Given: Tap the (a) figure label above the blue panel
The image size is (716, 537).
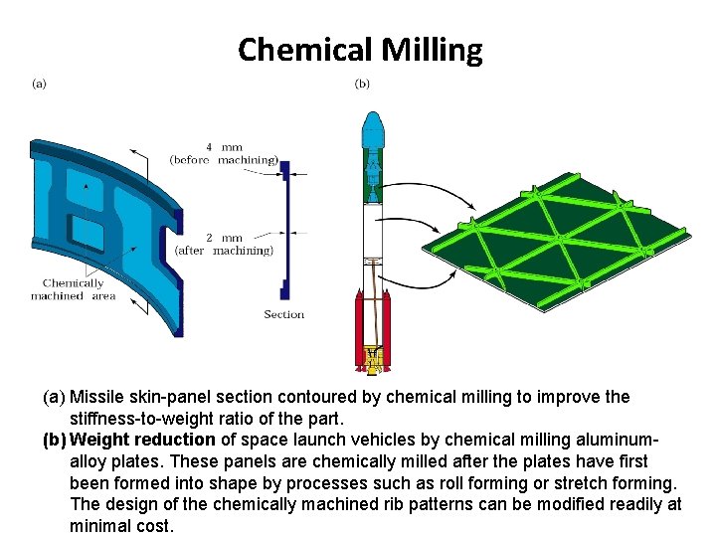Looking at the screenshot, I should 39,84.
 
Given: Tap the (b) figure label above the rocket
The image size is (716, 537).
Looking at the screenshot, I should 362,84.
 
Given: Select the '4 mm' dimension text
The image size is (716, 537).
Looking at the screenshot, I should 224,148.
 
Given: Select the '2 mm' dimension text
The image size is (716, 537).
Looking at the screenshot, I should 224,238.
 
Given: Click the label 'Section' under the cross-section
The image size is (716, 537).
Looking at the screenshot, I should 284,314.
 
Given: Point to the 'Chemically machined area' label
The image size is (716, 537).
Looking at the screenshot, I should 74,289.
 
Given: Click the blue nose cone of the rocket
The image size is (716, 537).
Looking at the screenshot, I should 372,129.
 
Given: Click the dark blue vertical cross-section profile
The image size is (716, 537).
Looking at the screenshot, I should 286,229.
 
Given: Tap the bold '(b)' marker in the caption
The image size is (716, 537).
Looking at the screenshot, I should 55,440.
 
